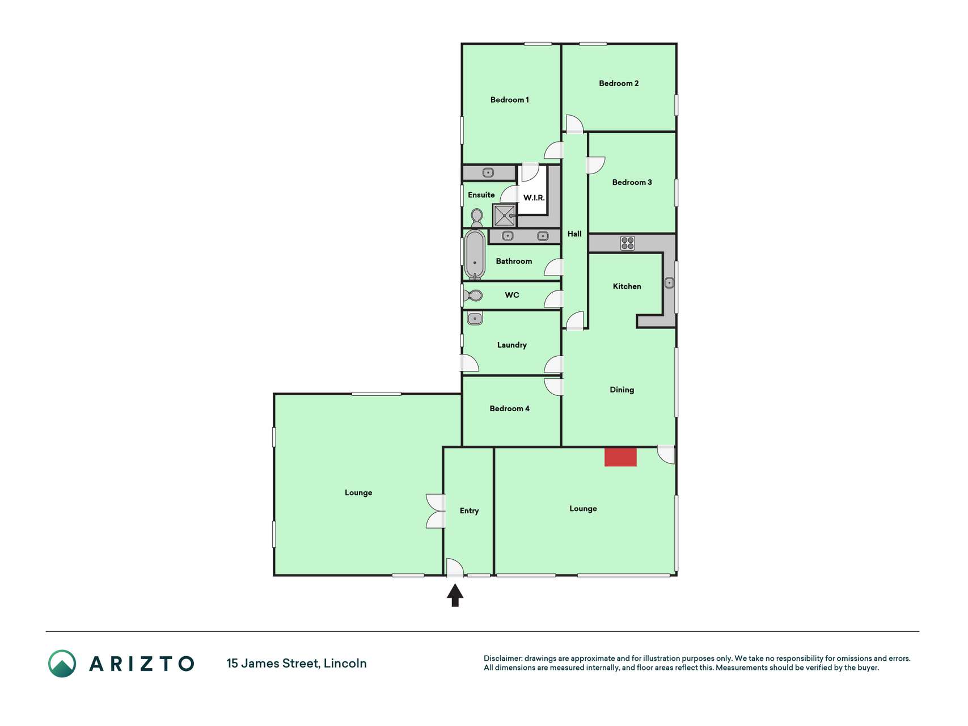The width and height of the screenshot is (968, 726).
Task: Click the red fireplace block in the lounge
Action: (x=620, y=457)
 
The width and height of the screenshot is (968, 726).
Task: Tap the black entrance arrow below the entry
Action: (x=455, y=596)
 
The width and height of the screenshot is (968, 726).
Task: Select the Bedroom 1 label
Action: (x=509, y=100)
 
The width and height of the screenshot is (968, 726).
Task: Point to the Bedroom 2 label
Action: (x=619, y=83)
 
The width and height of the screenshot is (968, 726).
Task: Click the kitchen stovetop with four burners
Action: (x=627, y=243)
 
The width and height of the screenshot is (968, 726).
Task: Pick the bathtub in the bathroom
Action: (x=475, y=255)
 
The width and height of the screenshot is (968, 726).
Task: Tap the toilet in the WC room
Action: (x=473, y=296)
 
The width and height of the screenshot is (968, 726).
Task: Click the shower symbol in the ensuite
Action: (x=504, y=216)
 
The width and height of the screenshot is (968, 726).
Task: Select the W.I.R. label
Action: (x=534, y=198)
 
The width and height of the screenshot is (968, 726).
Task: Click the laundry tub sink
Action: (x=475, y=318)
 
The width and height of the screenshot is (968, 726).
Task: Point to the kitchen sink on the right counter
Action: (x=669, y=282)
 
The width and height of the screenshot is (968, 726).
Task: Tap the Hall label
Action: (x=574, y=234)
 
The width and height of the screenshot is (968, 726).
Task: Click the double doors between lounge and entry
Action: (x=436, y=511)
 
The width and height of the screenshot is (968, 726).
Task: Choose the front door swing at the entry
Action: (x=455, y=568)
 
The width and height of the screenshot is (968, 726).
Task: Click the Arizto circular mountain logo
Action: (x=62, y=664)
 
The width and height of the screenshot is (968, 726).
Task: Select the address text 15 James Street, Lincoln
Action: (x=297, y=664)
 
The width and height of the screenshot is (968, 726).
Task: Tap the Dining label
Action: (x=622, y=390)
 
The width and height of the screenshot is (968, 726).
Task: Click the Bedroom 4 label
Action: (x=509, y=408)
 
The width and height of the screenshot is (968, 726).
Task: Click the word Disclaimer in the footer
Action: (x=502, y=659)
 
